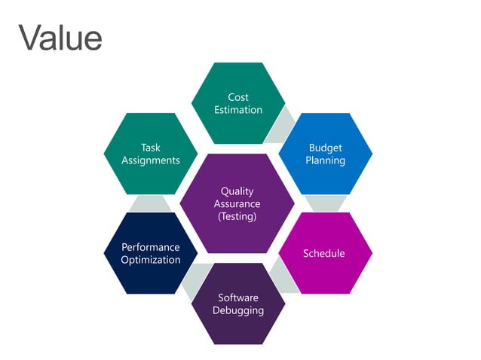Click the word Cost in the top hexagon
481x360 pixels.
coord(238,97)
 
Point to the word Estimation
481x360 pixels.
coord(238,110)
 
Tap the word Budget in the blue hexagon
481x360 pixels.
coord(325,148)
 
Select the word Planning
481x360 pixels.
coord(325,160)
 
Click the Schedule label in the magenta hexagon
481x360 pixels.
coord(323,253)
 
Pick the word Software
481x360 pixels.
coord(238,297)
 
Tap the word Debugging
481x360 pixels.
coord(238,310)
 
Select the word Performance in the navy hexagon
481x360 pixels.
coord(151,247)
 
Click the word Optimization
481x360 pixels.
coord(151,260)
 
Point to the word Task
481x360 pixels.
coord(151,148)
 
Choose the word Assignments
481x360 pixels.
coord(151,160)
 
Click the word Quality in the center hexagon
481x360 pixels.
coord(237,191)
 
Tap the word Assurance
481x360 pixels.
coord(237,204)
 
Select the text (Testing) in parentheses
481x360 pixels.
coord(237,217)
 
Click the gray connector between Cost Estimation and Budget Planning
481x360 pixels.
coord(282,124)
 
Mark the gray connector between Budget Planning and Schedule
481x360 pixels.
coord(326,203)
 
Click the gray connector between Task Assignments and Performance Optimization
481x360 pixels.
coord(151,203)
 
